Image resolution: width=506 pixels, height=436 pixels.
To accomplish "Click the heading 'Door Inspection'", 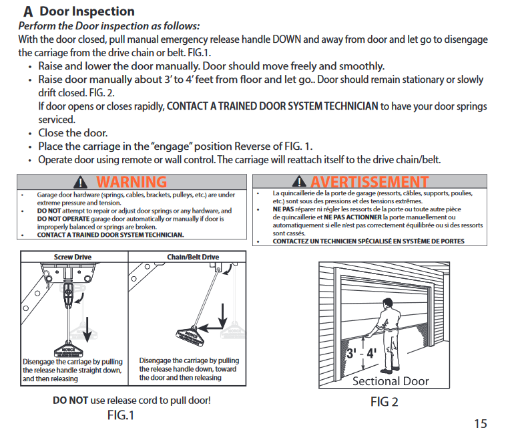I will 87,11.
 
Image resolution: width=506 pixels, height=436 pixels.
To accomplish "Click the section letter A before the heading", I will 28,11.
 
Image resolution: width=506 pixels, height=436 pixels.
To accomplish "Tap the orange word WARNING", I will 132,182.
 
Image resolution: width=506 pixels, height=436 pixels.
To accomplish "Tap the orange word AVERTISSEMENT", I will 369,182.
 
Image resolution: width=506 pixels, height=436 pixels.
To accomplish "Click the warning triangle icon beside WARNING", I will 81,182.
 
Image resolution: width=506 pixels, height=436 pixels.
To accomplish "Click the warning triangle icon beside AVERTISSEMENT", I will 300,182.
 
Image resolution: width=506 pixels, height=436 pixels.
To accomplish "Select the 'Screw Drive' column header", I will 73,257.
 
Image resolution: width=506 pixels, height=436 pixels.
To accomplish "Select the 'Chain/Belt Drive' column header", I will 192,257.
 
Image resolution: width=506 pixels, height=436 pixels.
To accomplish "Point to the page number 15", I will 481,423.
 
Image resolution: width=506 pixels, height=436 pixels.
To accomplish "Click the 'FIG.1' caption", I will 121,415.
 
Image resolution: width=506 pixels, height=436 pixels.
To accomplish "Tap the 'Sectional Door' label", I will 390,381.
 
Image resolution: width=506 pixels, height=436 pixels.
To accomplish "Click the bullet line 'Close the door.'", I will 73,133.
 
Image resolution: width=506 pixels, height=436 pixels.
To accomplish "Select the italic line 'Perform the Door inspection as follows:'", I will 109,25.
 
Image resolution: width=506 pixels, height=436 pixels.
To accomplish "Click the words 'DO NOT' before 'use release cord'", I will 70,401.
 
